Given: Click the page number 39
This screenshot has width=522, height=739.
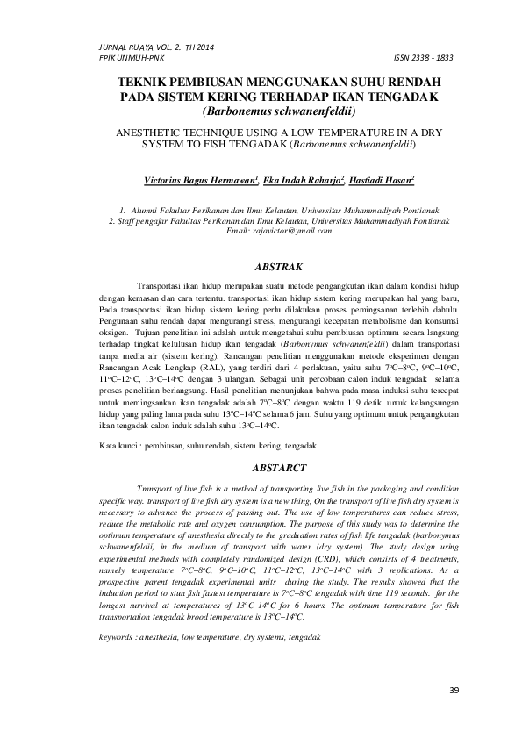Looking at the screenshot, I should click(x=454, y=689).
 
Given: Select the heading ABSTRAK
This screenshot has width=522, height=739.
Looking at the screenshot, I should click(x=277, y=263).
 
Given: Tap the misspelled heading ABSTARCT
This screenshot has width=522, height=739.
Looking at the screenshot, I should click(x=277, y=469).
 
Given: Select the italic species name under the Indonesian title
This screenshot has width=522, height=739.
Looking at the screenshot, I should click(x=278, y=110).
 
